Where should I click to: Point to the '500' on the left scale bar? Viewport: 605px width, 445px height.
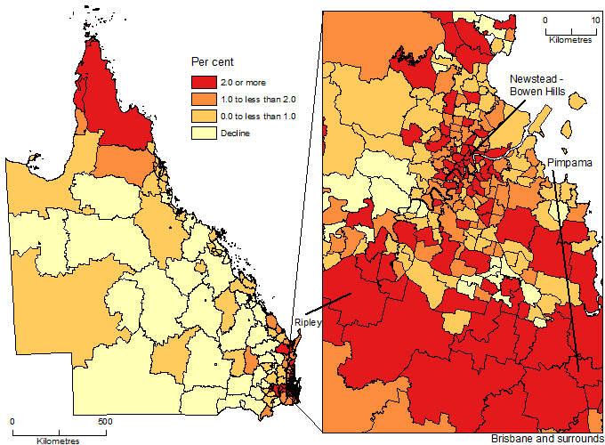tap(104, 421)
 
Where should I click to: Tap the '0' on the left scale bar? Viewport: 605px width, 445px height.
tap(12, 421)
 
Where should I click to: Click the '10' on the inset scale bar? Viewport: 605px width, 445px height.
tap(594, 19)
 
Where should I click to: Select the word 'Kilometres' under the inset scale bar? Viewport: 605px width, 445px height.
tap(570, 40)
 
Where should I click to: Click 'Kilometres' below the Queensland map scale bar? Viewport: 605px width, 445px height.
tap(59, 440)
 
